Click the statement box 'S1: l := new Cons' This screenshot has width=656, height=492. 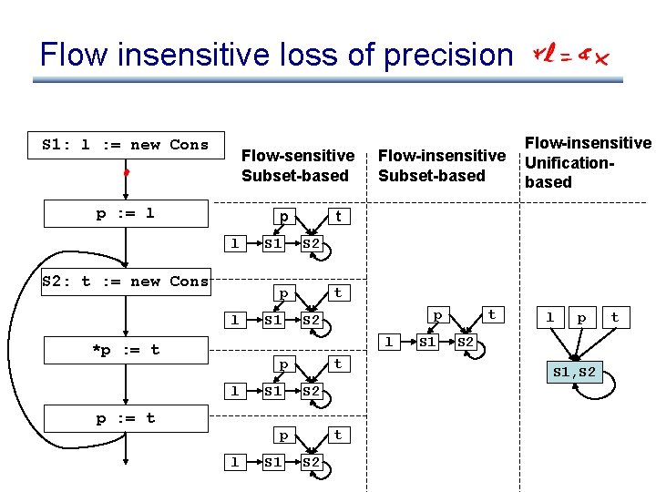click(126, 145)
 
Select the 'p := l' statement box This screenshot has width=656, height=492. click(126, 213)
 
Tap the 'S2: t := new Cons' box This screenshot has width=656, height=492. click(126, 282)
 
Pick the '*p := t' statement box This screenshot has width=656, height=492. click(126, 350)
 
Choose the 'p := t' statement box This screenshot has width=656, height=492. click(126, 418)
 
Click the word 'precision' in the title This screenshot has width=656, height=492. click(447, 56)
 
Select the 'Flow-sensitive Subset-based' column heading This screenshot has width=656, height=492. click(297, 166)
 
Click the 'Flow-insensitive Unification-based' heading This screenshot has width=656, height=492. click(587, 162)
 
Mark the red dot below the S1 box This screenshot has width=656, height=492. click(128, 171)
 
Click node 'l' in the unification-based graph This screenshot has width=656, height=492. click(549, 318)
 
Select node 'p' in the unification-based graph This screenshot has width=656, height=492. click(580, 318)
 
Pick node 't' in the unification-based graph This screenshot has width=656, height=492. click(615, 318)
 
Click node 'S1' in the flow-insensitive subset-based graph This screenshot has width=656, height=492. click(426, 343)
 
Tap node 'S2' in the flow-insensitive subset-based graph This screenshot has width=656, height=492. click(466, 343)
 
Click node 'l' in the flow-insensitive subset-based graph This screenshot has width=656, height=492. click(389, 343)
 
